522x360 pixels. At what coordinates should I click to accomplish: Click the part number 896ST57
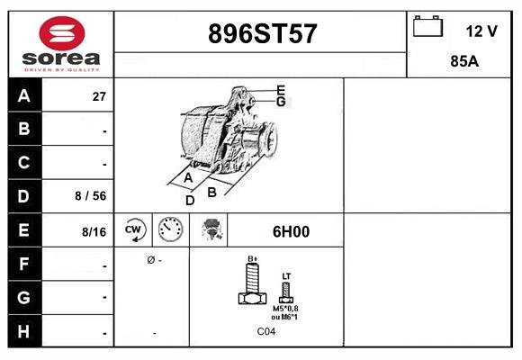[x=262, y=34]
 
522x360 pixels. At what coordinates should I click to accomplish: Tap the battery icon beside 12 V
[x=426, y=27]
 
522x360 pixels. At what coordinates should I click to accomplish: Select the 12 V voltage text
[x=481, y=31]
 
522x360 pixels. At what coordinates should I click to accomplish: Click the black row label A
[x=24, y=96]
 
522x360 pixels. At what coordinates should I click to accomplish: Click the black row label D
[x=24, y=195]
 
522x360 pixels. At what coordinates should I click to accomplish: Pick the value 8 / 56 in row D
[x=92, y=196]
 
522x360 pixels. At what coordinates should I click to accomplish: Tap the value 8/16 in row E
[x=94, y=231]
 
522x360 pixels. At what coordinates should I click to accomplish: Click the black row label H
[x=24, y=332]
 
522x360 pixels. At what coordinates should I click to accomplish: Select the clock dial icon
[x=170, y=230]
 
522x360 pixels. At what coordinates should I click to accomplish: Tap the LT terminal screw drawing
[x=286, y=290]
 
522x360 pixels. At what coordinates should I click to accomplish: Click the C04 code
[x=266, y=332]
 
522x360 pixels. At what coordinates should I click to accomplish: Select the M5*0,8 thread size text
[x=286, y=308]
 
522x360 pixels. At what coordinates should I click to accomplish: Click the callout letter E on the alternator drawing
[x=281, y=89]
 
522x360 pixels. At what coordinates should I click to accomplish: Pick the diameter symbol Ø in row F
[x=150, y=260]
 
